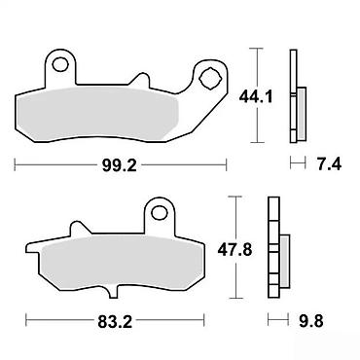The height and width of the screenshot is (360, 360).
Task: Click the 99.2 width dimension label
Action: [x=120, y=165]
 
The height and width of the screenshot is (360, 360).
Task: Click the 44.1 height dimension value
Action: [x=256, y=96]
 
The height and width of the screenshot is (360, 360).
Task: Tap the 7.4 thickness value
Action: [x=329, y=164]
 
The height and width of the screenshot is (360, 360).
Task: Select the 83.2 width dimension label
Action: [x=115, y=322]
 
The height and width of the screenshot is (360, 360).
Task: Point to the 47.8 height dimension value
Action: [x=234, y=250]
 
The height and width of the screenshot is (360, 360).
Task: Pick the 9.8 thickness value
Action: [x=310, y=322]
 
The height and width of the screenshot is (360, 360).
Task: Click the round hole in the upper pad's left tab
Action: [x=60, y=64]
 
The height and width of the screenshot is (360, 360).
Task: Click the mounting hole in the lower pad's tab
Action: [x=159, y=213]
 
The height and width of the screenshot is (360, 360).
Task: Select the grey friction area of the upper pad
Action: [x=97, y=114]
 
